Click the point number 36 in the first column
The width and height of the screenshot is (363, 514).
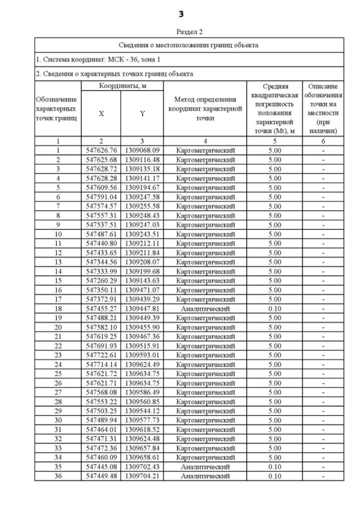click(x=58, y=476)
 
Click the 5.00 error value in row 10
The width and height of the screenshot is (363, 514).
click(x=274, y=234)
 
